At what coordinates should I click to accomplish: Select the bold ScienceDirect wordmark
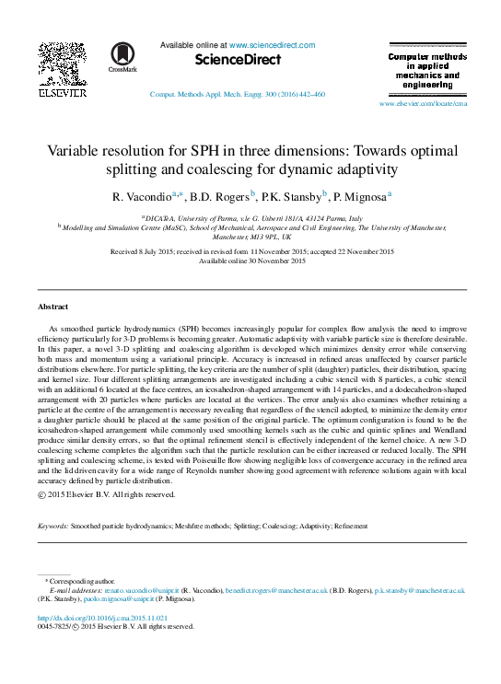coord(238,60)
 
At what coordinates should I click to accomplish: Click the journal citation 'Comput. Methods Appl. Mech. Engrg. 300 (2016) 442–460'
coord(237,95)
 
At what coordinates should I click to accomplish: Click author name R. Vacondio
coord(141,196)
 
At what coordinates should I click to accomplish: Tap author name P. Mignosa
coord(359,196)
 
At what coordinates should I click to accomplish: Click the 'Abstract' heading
coord(52,306)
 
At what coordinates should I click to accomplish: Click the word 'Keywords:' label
coord(52,526)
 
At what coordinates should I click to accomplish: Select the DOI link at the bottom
coord(102,618)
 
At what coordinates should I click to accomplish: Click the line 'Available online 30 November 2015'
coord(251,261)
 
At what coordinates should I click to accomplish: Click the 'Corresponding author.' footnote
coord(84,581)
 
